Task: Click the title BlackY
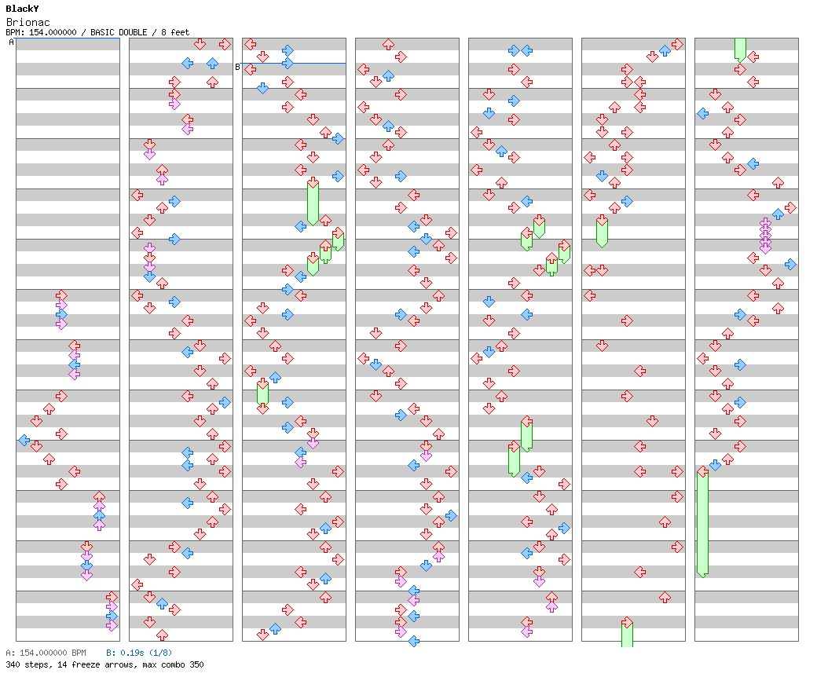(22, 9)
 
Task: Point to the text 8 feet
(175, 32)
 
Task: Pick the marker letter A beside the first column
(11, 42)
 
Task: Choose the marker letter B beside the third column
(237, 67)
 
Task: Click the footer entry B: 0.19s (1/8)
(139, 653)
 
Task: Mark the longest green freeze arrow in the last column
(702, 522)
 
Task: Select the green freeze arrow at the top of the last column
(740, 49)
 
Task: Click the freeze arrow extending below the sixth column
(627, 633)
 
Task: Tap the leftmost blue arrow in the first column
(24, 440)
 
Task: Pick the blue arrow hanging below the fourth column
(413, 641)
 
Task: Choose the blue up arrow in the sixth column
(665, 50)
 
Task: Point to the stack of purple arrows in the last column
(765, 236)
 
